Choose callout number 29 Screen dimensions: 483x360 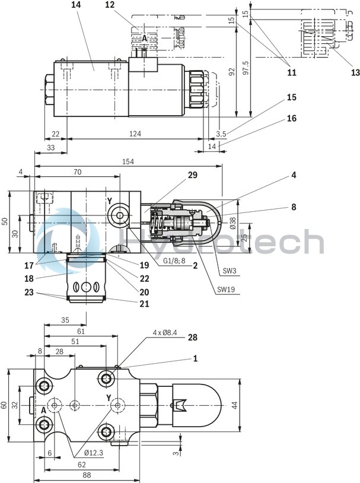pyautogui.click(x=192, y=175)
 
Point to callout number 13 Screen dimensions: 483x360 pyautogui.click(x=355, y=72)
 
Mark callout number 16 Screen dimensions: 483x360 pyautogui.click(x=291, y=118)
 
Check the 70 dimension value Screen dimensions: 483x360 pyautogui.click(x=77, y=171)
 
